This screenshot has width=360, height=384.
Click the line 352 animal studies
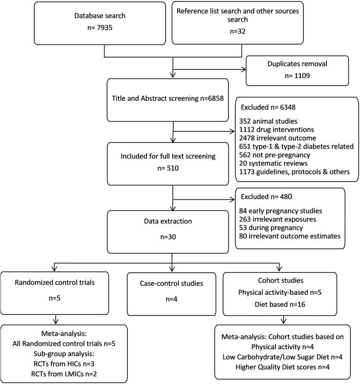[x=264, y=120]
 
